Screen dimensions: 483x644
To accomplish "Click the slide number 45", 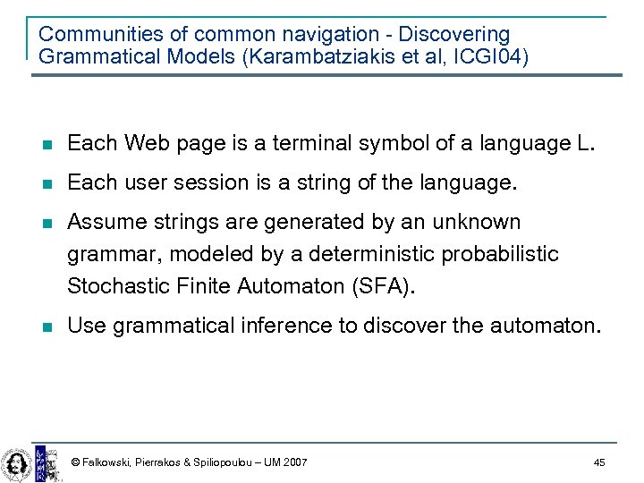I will point(599,462).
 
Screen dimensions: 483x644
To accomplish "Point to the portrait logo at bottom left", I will point(16,462).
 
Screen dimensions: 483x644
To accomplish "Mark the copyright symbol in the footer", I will point(75,462).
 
